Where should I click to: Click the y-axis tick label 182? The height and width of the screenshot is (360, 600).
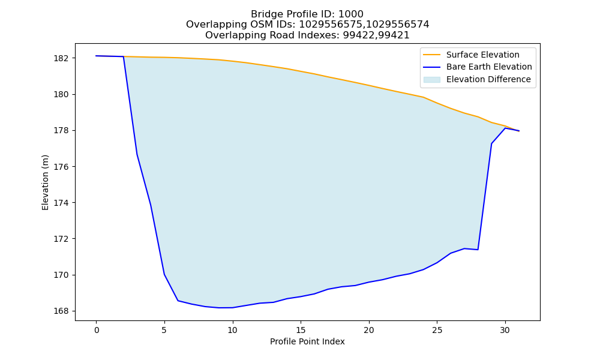tap(61, 58)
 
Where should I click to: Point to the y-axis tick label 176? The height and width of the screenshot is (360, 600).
tap(61, 167)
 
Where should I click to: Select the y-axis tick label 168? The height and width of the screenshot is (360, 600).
tap(61, 311)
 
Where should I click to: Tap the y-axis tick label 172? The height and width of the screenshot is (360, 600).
tap(61, 239)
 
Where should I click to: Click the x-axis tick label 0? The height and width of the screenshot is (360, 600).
tap(97, 330)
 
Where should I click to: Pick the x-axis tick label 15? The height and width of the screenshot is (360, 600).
tap(301, 330)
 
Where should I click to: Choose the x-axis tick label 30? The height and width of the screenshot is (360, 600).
tap(505, 330)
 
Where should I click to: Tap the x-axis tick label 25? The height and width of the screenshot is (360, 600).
tap(437, 330)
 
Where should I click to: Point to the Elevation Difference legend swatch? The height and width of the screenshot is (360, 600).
tap(431, 80)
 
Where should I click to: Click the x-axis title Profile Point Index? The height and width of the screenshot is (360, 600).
tap(307, 341)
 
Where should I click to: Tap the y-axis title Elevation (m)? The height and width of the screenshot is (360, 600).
tap(45, 182)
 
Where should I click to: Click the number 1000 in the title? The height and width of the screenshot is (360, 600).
tap(351, 14)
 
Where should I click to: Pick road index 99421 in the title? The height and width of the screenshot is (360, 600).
tap(394, 35)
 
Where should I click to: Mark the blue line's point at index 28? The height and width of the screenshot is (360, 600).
tap(478, 250)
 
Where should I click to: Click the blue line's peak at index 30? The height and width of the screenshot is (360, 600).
tap(505, 128)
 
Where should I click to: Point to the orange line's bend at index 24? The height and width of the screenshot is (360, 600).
tap(423, 97)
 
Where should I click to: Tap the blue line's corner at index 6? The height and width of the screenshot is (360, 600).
tap(178, 301)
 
